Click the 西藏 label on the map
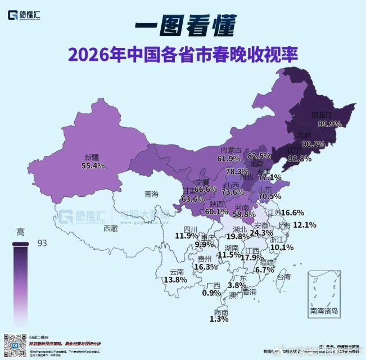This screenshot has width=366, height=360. (111, 228)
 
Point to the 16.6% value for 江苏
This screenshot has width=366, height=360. (292, 213)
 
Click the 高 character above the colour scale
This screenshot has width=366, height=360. (20, 232)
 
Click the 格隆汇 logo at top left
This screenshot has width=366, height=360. (26, 15)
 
